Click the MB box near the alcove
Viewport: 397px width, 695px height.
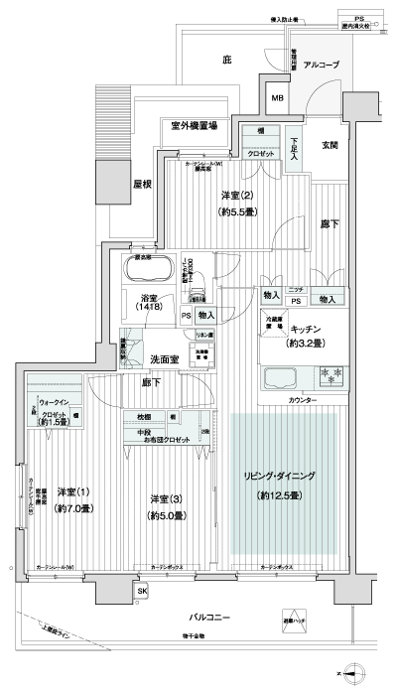(278, 97)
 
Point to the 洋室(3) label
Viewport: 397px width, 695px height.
(164, 498)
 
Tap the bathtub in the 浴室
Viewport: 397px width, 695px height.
(149, 270)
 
